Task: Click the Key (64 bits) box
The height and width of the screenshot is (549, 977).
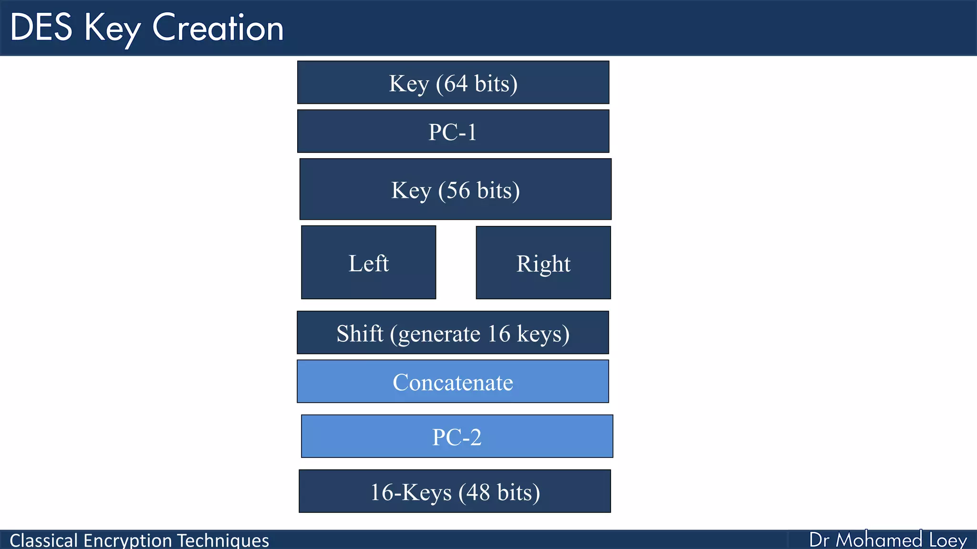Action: click(453, 82)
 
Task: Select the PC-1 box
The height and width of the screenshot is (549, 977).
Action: click(453, 132)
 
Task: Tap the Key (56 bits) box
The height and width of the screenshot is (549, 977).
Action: click(455, 189)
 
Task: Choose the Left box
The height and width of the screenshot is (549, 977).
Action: click(368, 263)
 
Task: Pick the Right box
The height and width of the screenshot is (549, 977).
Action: click(543, 263)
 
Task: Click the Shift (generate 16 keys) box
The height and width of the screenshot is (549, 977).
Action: click(452, 333)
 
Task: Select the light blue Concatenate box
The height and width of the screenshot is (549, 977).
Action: click(452, 382)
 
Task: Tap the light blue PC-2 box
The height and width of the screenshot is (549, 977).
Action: click(457, 437)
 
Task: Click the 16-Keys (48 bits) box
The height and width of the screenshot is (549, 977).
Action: click(454, 491)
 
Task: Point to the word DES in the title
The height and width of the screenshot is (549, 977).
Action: click(41, 28)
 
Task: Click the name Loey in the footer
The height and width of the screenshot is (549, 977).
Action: click(947, 540)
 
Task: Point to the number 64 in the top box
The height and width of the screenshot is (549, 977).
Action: click(455, 83)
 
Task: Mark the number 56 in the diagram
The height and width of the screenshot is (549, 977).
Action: click(457, 190)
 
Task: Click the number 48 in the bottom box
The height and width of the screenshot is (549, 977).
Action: click(478, 492)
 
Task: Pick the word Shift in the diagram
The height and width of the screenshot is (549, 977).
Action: click(359, 333)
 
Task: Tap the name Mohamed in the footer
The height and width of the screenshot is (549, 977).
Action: click(879, 540)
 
